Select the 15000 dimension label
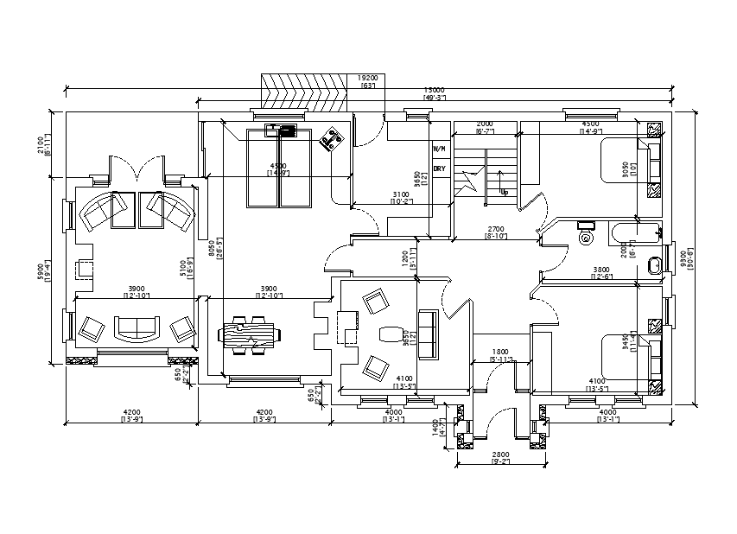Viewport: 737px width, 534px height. (x=434, y=90)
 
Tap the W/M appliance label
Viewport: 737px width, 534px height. (x=440, y=149)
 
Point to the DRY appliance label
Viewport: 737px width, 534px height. (x=440, y=168)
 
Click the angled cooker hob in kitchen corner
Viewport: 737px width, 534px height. (x=330, y=140)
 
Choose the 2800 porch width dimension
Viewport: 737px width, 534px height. (x=500, y=455)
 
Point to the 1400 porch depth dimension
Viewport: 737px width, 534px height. (x=435, y=429)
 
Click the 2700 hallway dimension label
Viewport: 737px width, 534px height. (x=496, y=229)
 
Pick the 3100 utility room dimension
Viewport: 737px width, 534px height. (x=401, y=195)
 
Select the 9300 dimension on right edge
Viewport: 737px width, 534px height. (x=684, y=258)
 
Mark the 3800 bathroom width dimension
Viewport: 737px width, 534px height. (x=601, y=270)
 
